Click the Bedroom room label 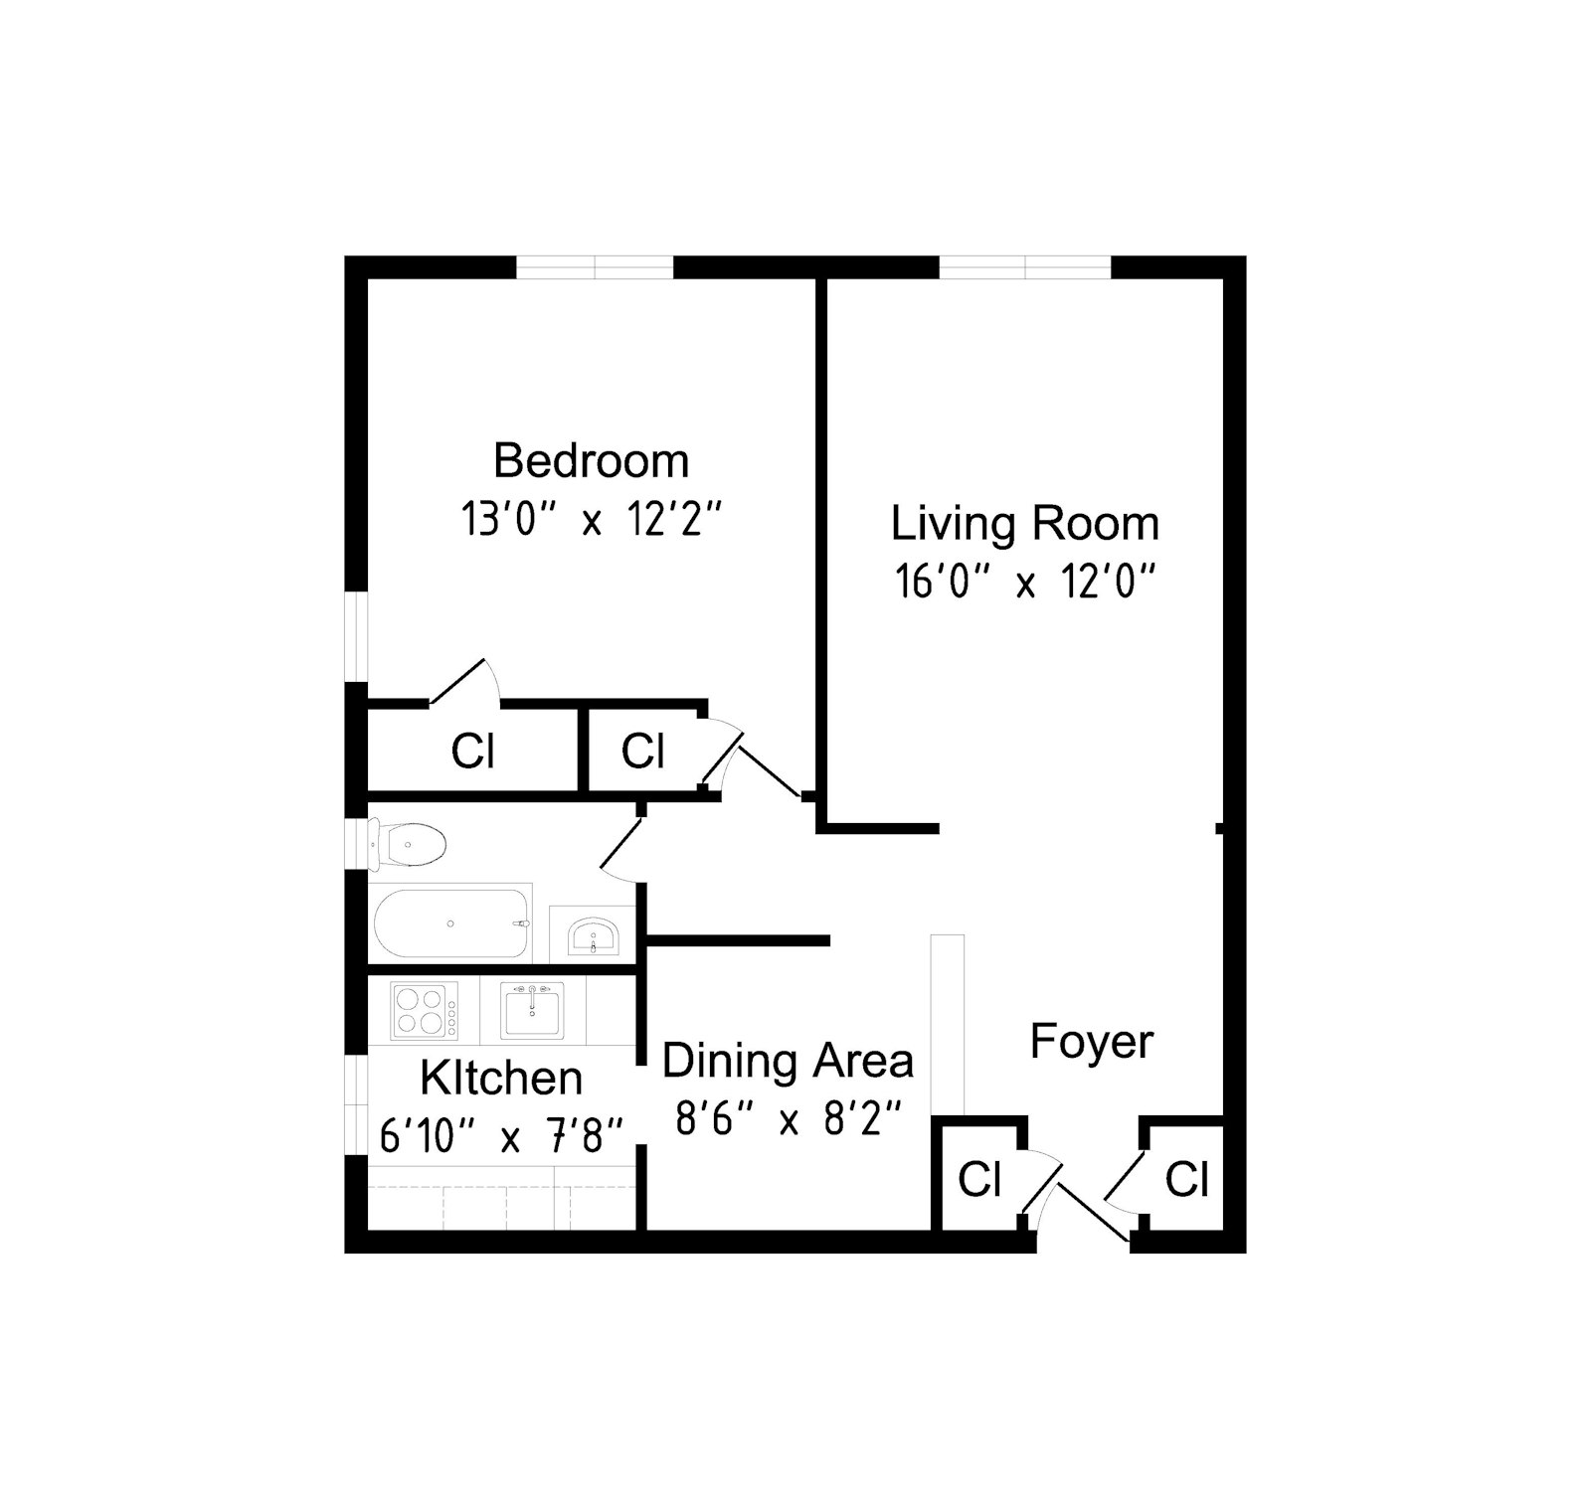click(x=591, y=461)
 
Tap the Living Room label click(x=1024, y=524)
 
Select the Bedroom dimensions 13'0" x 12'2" click(x=591, y=519)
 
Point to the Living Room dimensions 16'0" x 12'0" click(x=1024, y=582)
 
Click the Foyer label click(x=1091, y=1042)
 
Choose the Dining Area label click(x=788, y=1061)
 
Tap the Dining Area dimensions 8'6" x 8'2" click(x=788, y=1119)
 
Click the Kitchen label click(x=500, y=1078)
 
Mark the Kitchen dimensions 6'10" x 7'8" click(x=500, y=1135)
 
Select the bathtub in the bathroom click(x=450, y=923)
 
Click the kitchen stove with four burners click(x=424, y=1010)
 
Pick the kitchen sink click(x=532, y=1010)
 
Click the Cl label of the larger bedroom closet click(x=472, y=752)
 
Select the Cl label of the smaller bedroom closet click(x=642, y=752)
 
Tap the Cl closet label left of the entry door click(x=979, y=1179)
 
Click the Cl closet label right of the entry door click(x=1186, y=1179)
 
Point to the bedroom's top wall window click(x=595, y=266)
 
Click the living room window click(x=1024, y=266)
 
